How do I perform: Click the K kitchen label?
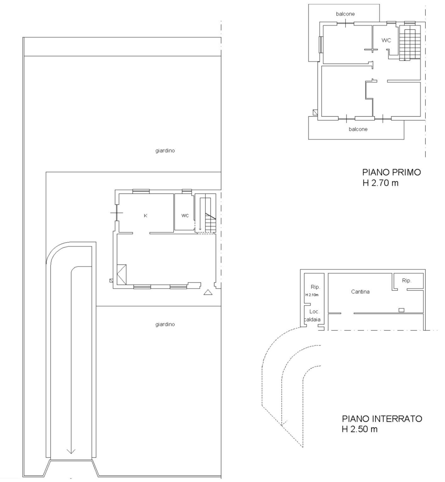(145, 216)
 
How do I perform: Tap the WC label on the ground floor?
(185, 216)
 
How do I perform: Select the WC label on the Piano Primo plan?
(386, 40)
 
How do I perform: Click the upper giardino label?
(165, 151)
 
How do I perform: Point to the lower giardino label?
(165, 324)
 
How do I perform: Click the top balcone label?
(345, 14)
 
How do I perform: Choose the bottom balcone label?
(358, 129)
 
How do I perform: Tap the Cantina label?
(360, 292)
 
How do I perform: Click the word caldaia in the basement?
(312, 319)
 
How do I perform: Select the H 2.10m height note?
(312, 295)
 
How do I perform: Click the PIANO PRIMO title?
(391, 172)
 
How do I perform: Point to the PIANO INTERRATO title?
(382, 419)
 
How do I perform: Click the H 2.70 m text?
(380, 183)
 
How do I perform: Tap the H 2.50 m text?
(360, 429)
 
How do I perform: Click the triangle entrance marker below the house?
(208, 292)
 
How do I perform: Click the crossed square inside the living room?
(122, 275)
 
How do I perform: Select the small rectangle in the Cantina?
(401, 310)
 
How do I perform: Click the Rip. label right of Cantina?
(407, 281)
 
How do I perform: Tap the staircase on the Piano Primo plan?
(410, 42)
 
